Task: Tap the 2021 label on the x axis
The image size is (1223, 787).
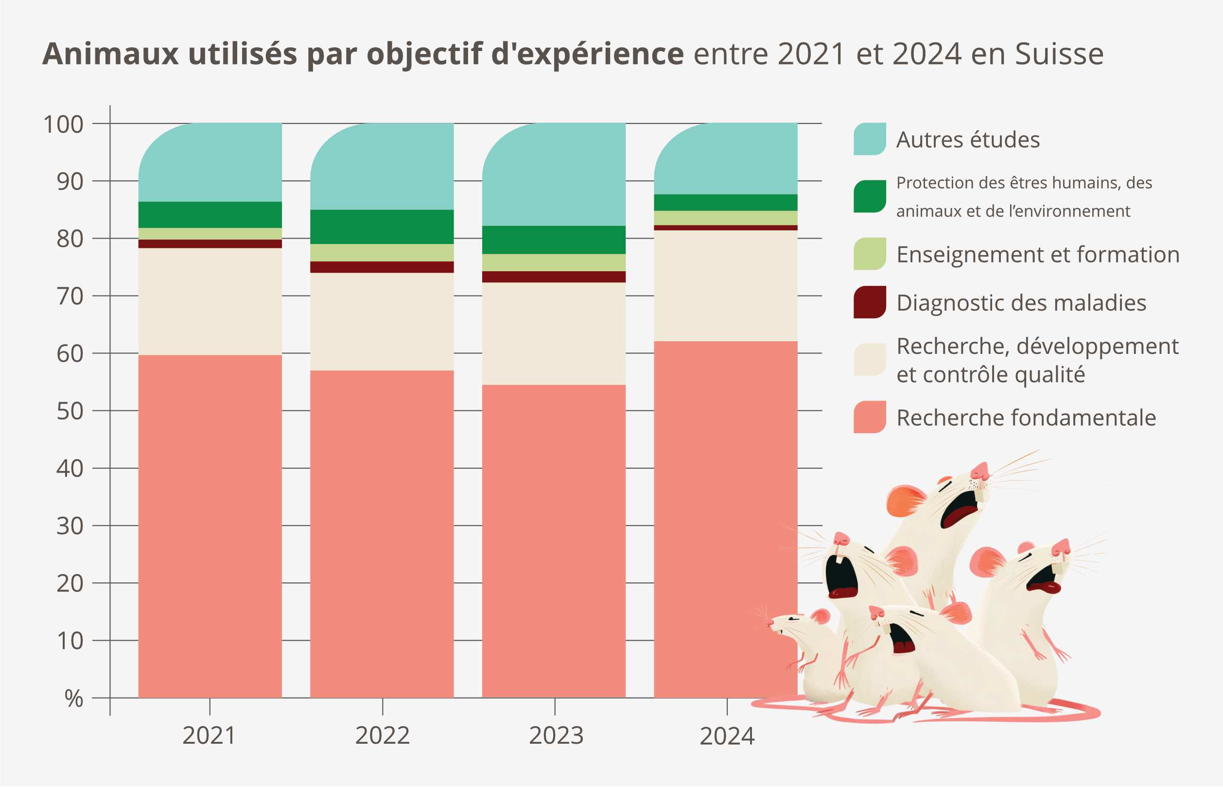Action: pyautogui.click(x=209, y=735)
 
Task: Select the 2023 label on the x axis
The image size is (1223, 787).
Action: pyautogui.click(x=556, y=735)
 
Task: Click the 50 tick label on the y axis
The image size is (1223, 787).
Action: pyautogui.click(x=70, y=411)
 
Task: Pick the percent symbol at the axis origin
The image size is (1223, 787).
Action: pyautogui.click(x=73, y=699)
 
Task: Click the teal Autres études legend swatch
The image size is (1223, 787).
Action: pyautogui.click(x=870, y=139)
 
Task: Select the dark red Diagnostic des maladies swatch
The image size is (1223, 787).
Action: pyautogui.click(x=870, y=302)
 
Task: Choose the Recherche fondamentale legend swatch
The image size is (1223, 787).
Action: pyautogui.click(x=870, y=417)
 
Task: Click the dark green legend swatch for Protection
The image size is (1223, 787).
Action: pyautogui.click(x=870, y=196)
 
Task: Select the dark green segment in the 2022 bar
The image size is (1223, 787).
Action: pyautogui.click(x=382, y=227)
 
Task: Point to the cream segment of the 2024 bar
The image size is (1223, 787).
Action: pyautogui.click(x=725, y=286)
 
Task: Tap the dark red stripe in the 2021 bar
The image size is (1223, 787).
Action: pyautogui.click(x=210, y=244)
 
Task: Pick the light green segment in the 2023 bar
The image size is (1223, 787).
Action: pyautogui.click(x=554, y=262)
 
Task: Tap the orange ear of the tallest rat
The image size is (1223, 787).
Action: pyautogui.click(x=905, y=500)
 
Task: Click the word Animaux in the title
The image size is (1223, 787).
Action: pyautogui.click(x=110, y=53)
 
